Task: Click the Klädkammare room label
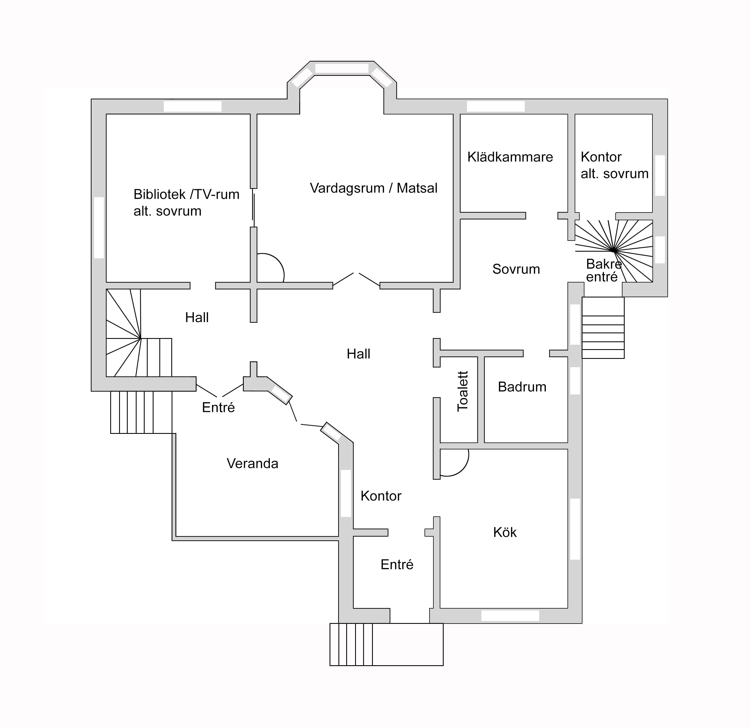(x=510, y=157)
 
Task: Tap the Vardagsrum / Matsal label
(x=374, y=188)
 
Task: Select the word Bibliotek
(x=159, y=194)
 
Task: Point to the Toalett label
(x=463, y=391)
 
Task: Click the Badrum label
(x=522, y=387)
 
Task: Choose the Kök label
(x=505, y=532)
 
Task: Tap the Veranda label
(x=252, y=464)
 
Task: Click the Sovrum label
(x=516, y=269)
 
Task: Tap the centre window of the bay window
(x=341, y=69)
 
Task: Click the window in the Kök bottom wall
(x=510, y=615)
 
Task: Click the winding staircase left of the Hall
(x=139, y=333)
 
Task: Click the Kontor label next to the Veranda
(x=381, y=496)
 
